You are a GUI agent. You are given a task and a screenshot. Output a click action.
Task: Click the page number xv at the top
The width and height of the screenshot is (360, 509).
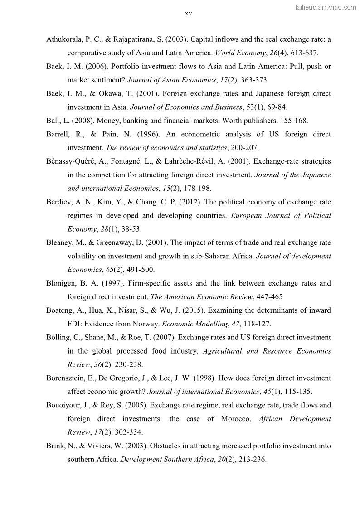point(189,14)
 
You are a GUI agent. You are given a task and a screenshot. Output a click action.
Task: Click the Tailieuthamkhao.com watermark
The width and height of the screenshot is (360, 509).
point(325,7)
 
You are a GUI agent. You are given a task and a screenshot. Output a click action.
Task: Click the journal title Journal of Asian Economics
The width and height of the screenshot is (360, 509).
point(171,80)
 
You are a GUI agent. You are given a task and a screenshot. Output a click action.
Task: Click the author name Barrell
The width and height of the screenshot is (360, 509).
point(58,134)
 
